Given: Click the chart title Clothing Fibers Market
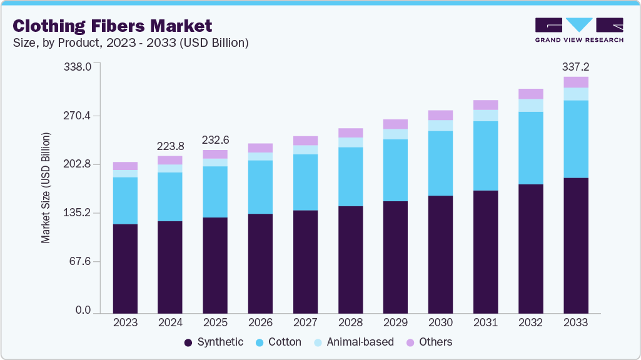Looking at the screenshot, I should coord(113,26).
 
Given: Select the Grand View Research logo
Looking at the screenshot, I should coord(578,30).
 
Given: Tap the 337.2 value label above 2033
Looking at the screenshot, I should coord(576,66).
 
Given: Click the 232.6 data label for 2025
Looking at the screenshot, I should coord(215,140).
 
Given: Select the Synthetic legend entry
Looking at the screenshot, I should coord(214,342).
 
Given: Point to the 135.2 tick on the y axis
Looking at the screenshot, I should coord(78,213).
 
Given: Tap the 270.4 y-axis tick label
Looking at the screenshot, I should coord(78,116).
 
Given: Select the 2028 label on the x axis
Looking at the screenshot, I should coord(350,322).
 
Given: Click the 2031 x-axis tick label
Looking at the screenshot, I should coord(485,322).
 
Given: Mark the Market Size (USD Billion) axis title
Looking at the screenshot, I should coord(46,187).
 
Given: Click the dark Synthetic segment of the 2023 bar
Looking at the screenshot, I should coord(125,268).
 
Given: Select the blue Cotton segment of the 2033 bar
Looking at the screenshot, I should coord(576,139).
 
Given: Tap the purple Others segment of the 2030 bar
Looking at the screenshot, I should coord(440,115).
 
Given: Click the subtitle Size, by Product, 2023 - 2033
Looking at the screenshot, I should coord(131,43).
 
